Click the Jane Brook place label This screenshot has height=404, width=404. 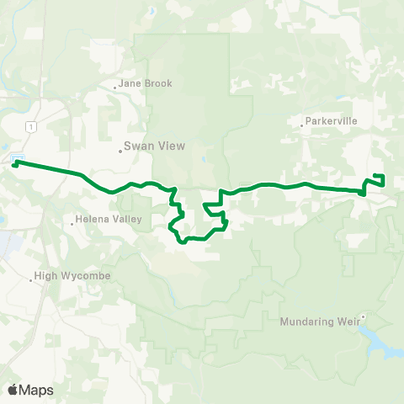(146, 83)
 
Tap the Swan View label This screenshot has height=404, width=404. (149, 145)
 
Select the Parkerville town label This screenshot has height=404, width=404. (329, 120)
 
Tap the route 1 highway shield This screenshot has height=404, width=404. (31, 126)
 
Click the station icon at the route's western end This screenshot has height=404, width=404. (16, 160)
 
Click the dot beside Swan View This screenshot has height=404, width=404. (120, 151)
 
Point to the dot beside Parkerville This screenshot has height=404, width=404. (301, 126)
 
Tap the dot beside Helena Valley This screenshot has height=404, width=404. (74, 223)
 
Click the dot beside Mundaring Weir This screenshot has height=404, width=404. (363, 317)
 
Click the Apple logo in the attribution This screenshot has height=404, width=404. (13, 390)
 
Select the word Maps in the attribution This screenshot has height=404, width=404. (37, 390)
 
